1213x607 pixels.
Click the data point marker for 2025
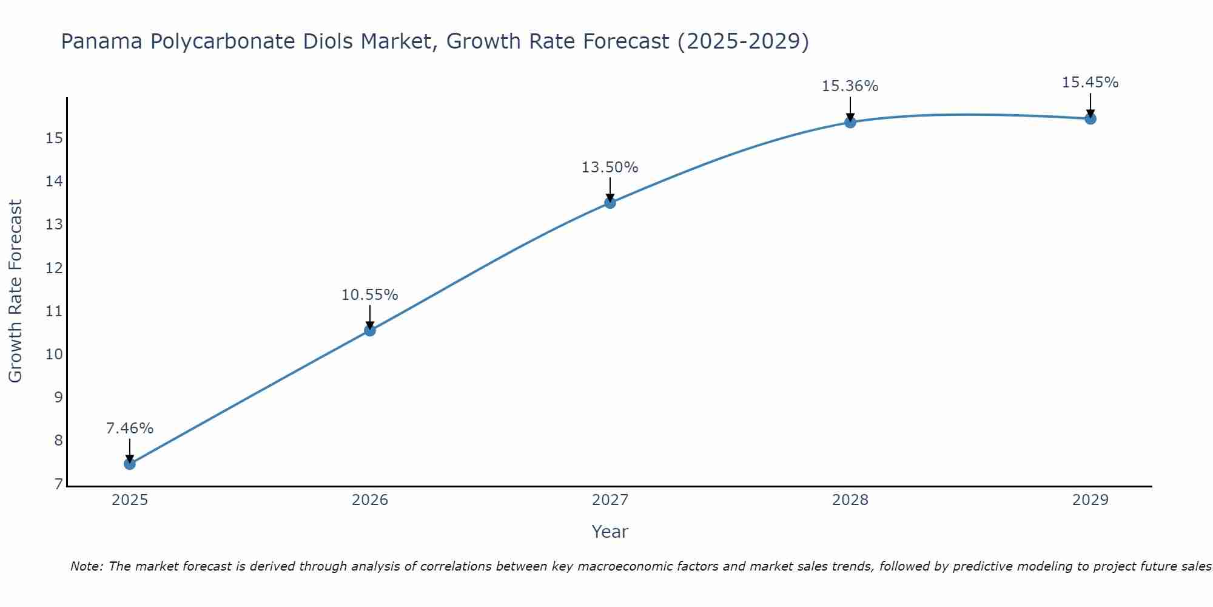pos(129,464)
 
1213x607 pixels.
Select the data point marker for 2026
pos(370,330)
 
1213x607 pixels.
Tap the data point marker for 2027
pos(610,203)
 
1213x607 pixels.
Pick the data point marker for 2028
pos(850,122)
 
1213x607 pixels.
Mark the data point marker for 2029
pos(1090,118)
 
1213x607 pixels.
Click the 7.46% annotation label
pos(129,429)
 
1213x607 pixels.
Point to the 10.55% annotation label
pos(369,295)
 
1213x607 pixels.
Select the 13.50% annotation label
pos(610,168)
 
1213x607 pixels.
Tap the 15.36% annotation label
pos(850,86)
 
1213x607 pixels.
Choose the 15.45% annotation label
pos(1090,83)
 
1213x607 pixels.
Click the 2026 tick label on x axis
pos(370,500)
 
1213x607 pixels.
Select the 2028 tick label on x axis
pos(850,500)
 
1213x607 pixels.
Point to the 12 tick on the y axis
pos(54,268)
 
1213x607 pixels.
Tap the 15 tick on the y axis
pos(54,138)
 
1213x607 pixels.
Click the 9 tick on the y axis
pos(58,398)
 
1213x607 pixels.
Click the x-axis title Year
pos(610,532)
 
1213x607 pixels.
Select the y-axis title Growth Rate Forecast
pos(15,291)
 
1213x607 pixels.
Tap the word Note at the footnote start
pos(86,566)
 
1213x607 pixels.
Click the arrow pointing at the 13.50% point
pos(610,189)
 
